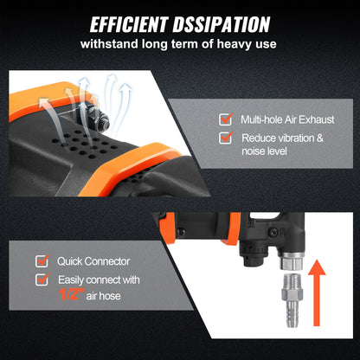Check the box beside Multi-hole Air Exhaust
point(225,119)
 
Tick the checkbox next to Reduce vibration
point(225,138)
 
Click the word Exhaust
point(323,119)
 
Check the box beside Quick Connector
point(42,260)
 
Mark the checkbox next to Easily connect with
point(42,280)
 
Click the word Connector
point(109,260)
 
